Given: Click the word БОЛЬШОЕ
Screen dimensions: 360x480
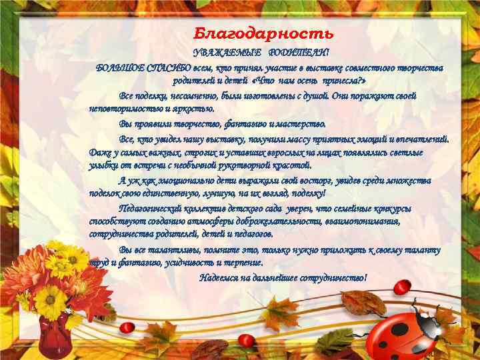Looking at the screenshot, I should pos(117,68).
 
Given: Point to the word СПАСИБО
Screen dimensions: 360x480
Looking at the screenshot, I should pos(164,68).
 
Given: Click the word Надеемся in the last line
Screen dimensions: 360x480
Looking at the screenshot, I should pos(220,277).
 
